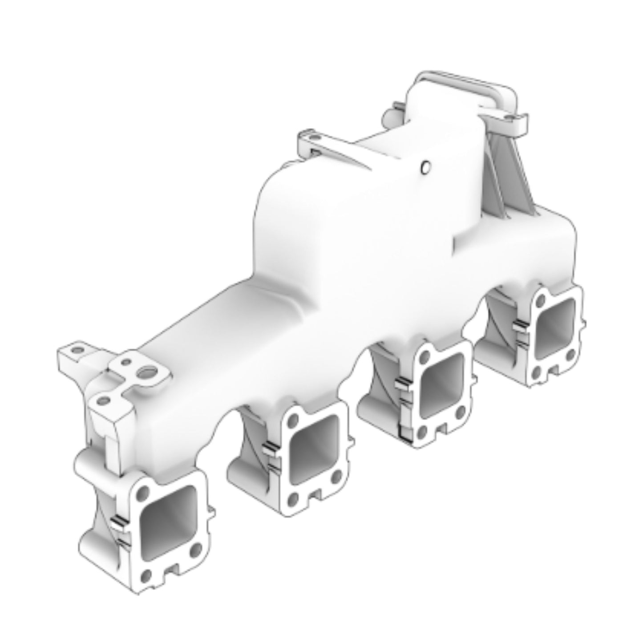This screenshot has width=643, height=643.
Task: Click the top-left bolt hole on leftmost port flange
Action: (143, 493)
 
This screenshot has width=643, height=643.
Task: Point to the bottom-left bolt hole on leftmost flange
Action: (146, 577)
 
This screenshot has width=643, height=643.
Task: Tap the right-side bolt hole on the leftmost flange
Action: (194, 552)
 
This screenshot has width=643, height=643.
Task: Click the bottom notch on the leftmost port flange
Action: (171, 570)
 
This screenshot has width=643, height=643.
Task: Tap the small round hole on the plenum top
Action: (425, 167)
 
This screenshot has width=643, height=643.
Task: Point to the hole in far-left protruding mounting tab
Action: (78, 350)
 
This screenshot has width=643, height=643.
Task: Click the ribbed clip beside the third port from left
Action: (402, 382)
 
